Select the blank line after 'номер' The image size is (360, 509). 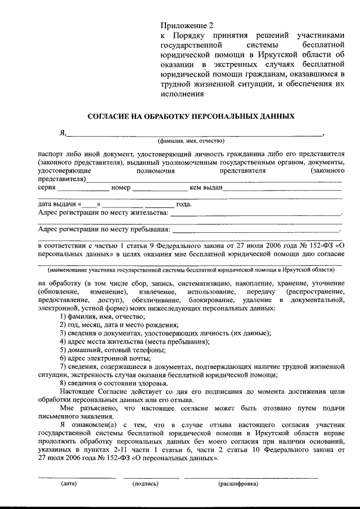click(160, 188)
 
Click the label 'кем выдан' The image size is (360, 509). click(208, 187)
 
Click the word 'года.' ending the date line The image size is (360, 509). click(184, 204)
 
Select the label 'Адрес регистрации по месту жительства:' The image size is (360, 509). click(103, 213)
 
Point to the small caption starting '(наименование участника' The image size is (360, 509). click(191, 270)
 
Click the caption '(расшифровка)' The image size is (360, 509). click(238, 483)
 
